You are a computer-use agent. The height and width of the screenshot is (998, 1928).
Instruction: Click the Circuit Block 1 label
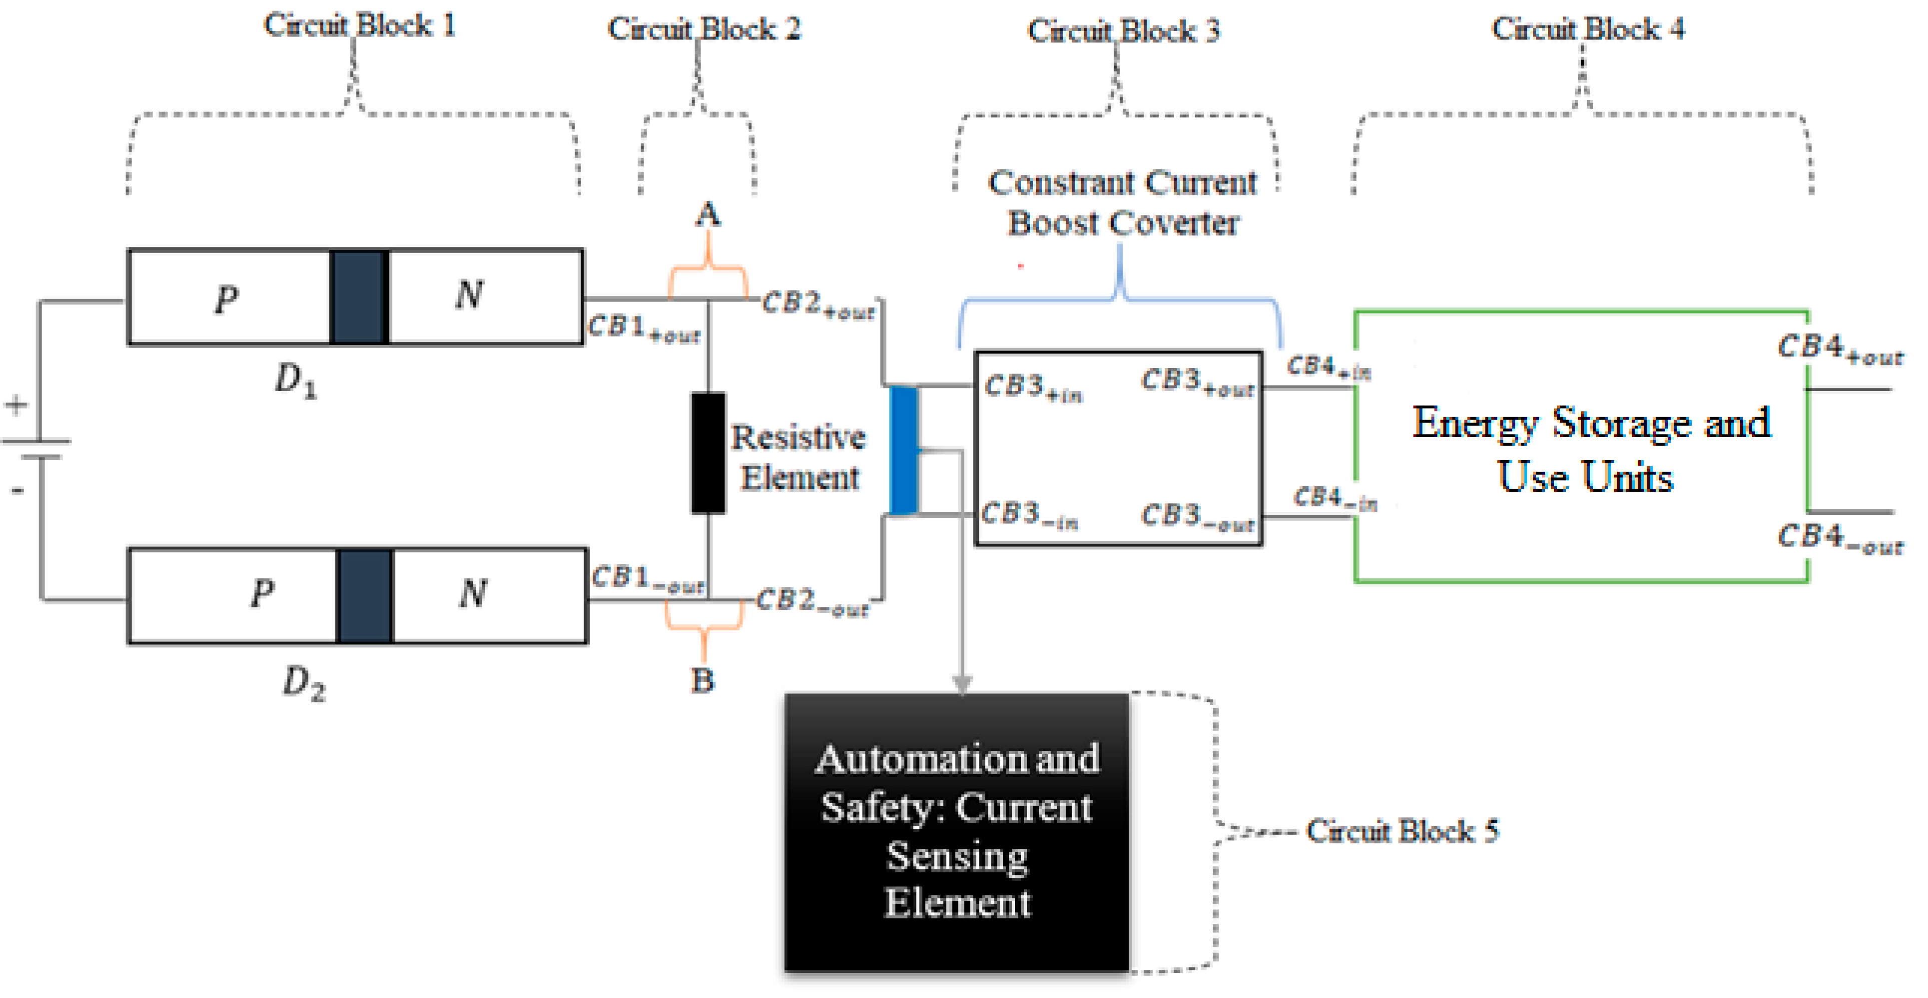point(359,26)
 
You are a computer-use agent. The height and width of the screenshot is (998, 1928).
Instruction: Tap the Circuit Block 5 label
point(1402,831)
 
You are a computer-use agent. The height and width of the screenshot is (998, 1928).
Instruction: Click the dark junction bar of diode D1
point(359,296)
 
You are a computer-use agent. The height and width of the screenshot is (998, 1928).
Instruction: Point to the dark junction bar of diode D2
point(364,596)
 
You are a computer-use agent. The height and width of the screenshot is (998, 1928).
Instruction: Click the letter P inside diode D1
point(226,299)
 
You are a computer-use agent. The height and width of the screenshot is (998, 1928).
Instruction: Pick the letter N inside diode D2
point(473,594)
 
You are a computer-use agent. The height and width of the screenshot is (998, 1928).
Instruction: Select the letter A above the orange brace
point(707,216)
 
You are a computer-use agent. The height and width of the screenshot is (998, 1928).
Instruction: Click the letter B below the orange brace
point(702,681)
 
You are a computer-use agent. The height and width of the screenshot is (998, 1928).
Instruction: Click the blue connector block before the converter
point(903,451)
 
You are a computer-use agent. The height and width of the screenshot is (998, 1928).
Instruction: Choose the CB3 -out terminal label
point(1196,517)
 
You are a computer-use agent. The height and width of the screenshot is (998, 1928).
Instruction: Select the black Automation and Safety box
point(956,831)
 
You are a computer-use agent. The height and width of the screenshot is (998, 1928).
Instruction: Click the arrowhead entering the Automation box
point(962,684)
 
